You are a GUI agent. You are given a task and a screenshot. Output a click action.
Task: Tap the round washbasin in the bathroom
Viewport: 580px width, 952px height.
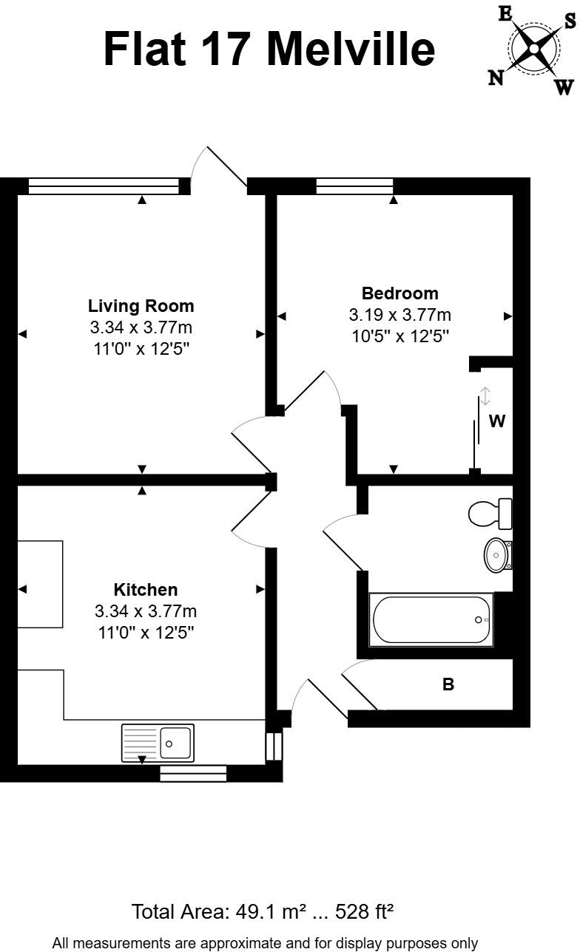pyautogui.click(x=496, y=554)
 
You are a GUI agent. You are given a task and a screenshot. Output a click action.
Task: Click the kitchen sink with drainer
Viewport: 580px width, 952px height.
pyautogui.click(x=158, y=743)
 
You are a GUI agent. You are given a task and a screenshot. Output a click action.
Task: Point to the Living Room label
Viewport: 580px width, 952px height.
pyautogui.click(x=141, y=306)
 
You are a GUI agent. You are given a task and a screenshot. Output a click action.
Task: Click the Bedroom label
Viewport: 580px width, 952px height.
pyautogui.click(x=399, y=293)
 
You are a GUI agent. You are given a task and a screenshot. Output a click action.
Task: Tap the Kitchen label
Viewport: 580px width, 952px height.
pyautogui.click(x=146, y=590)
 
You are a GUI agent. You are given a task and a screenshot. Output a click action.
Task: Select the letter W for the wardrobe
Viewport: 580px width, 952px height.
pyautogui.click(x=497, y=422)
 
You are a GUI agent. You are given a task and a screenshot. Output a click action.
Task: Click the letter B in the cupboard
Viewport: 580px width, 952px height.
pyautogui.click(x=448, y=684)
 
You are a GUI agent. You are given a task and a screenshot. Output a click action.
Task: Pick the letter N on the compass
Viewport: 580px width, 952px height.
pyautogui.click(x=496, y=77)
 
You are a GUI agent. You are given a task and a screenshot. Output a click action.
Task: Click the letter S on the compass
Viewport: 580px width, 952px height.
pyautogui.click(x=570, y=21)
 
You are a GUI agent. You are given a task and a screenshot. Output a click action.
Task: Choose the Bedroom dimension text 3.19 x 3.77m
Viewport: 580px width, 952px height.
pyautogui.click(x=399, y=315)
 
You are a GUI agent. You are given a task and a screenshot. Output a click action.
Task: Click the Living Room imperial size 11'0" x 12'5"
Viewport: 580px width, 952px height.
pyautogui.click(x=141, y=347)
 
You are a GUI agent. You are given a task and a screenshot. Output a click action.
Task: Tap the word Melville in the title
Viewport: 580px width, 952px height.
pyautogui.click(x=351, y=48)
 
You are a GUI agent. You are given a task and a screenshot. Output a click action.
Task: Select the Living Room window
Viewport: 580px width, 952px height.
pyautogui.click(x=104, y=186)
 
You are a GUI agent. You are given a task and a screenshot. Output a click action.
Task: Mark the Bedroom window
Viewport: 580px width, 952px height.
pyautogui.click(x=354, y=186)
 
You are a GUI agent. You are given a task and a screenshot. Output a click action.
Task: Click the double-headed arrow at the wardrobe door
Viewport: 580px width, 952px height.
pyautogui.click(x=485, y=396)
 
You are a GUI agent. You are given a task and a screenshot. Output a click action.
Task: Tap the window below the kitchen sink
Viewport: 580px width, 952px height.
pyautogui.click(x=193, y=773)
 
